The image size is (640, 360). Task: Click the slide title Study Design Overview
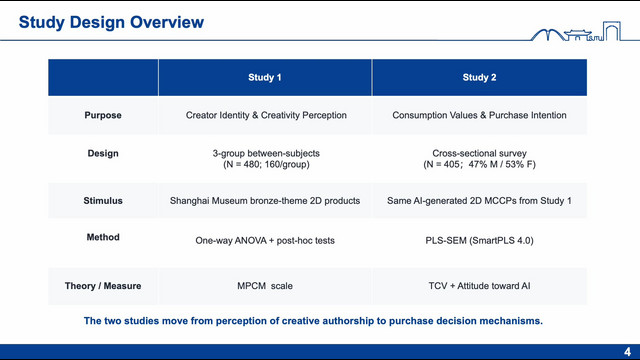pos(111,22)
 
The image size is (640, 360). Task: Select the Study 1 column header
pos(265,78)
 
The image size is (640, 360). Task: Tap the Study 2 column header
pos(479,78)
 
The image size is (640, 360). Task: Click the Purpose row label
pos(103,115)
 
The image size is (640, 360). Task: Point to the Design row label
pos(103,153)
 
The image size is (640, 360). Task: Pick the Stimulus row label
pos(103,201)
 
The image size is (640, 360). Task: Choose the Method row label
pos(103,237)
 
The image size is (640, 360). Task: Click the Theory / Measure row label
pos(103,286)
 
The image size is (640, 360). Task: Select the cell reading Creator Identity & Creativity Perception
pos(266,115)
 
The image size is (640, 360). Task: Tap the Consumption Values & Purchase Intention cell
pos(479,115)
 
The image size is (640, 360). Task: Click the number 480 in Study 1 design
pos(251,164)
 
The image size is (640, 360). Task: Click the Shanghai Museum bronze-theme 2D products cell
pos(265,201)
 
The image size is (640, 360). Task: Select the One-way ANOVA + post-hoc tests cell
pos(265,241)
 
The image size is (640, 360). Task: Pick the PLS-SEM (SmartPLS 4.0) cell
pos(479,241)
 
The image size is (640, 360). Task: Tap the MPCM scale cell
pos(265,286)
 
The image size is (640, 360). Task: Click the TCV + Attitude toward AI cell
pos(479,286)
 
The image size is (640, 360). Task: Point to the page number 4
pos(627,352)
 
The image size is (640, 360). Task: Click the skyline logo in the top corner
pos(576,31)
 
